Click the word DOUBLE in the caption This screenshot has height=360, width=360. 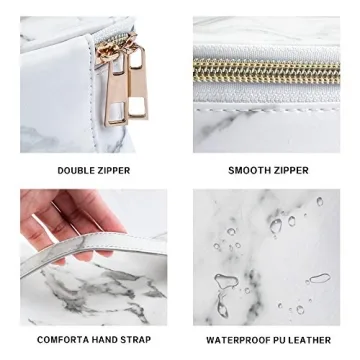[x=76, y=171]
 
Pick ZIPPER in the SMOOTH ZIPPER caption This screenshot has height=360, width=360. [x=292, y=171]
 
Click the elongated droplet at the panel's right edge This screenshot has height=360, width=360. [x=318, y=279]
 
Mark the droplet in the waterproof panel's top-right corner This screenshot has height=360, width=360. [x=319, y=201]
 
